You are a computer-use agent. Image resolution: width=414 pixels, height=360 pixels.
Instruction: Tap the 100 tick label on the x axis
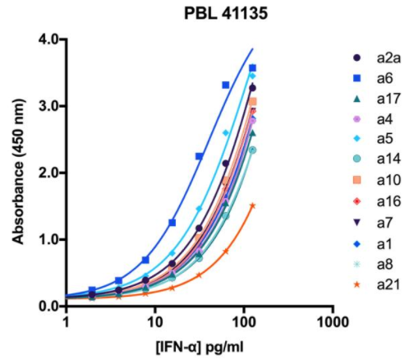(x=242, y=322)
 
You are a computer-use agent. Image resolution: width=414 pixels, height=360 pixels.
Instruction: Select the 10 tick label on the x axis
(x=154, y=322)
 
